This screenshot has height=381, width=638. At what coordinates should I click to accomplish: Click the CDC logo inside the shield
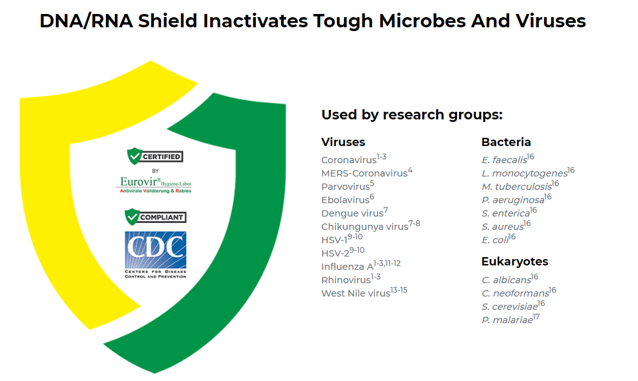[x=156, y=255]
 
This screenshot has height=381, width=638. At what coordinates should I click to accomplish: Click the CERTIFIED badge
[x=155, y=156]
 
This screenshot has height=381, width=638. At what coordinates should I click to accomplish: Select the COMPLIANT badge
[x=156, y=217]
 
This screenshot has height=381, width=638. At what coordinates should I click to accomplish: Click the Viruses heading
[x=343, y=142]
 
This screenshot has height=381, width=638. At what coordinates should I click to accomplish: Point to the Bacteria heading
[x=506, y=142]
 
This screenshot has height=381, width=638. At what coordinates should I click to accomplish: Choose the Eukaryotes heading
[x=515, y=262]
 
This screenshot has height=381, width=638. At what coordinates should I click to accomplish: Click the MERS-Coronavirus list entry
[x=366, y=172]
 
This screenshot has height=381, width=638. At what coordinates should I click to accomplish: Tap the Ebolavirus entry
[x=347, y=199]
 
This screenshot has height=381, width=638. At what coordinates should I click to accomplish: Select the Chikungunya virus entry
[x=371, y=225]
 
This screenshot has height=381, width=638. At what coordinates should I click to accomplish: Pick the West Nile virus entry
[x=364, y=292]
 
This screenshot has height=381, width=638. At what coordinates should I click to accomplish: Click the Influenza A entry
[x=361, y=266]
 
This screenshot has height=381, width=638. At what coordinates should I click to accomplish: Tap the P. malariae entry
[x=510, y=319]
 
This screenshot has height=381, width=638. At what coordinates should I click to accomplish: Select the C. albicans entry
[x=510, y=279]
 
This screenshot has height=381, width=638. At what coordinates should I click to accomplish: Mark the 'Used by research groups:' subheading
[x=412, y=115]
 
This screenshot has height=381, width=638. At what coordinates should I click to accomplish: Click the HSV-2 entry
[x=343, y=252]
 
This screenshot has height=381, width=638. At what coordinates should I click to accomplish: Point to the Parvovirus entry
[x=347, y=185]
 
